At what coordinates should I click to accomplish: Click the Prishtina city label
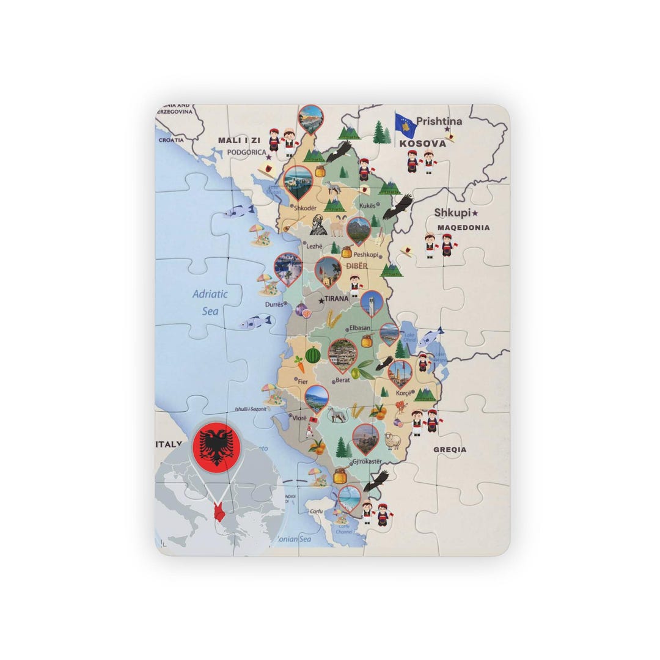[x=439, y=121]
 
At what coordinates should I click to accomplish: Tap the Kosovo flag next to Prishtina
[x=406, y=125]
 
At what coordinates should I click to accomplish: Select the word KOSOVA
[x=423, y=144]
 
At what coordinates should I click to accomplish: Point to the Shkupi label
[x=453, y=213]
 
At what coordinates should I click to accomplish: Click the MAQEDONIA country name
[x=463, y=227]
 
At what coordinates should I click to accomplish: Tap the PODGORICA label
[x=246, y=152]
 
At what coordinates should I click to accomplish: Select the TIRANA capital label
[x=336, y=299]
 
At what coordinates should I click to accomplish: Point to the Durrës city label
[x=274, y=304]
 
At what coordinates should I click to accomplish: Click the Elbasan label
[x=360, y=328]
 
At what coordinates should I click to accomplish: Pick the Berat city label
[x=342, y=380]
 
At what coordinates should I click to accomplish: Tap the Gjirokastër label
[x=367, y=461]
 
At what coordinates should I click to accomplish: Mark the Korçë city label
[x=403, y=393]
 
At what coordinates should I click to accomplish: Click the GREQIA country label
[x=450, y=449]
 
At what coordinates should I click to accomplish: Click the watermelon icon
[x=313, y=354]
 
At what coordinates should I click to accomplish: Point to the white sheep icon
[x=392, y=440]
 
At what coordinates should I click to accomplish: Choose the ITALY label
[x=169, y=444]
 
